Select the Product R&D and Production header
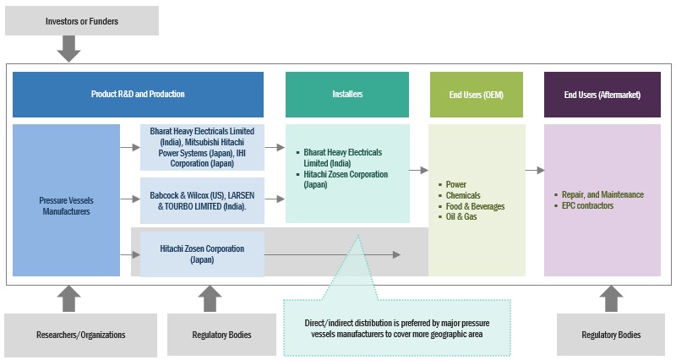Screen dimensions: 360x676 click(x=138, y=94)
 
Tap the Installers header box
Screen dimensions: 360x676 click(x=347, y=94)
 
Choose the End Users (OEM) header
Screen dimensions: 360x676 click(x=477, y=94)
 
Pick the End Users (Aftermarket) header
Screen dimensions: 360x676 click(x=602, y=94)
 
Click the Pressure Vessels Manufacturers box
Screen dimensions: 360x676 click(x=66, y=205)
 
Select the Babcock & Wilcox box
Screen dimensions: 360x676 click(x=202, y=199)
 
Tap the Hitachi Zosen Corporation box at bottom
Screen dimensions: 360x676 click(x=202, y=254)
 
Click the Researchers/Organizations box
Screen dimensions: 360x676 click(x=81, y=335)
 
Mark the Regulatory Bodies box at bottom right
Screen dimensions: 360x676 click(x=611, y=335)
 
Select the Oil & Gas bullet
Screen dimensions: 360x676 click(x=461, y=217)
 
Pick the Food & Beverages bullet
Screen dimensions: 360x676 click(x=475, y=206)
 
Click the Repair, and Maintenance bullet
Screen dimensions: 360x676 click(x=602, y=194)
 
